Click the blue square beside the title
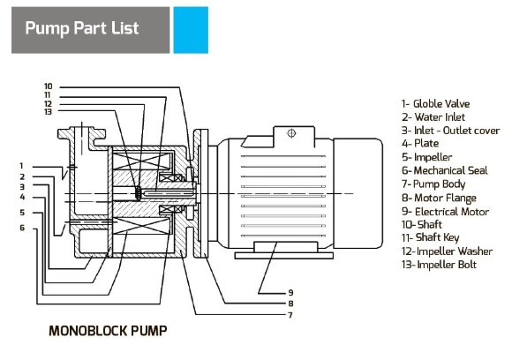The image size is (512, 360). pos(191,30)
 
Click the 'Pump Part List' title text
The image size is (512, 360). pos(82,28)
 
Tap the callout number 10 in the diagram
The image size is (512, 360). pos(49,86)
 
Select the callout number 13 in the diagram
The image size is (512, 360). pos(49,112)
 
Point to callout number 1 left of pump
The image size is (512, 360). pos(21,166)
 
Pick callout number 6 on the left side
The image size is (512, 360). pos(22,228)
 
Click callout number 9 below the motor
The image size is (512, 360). pos(290,293)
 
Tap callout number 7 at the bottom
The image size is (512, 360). pos(290,315)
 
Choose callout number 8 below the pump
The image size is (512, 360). pos(290,304)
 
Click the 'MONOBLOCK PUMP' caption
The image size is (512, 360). pos(108,331)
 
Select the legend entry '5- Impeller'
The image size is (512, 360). pos(426,157)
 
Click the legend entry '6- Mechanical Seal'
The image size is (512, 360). pos(444,170)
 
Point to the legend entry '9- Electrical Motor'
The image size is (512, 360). pos(446,212)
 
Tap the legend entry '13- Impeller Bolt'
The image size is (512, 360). pos(440,265)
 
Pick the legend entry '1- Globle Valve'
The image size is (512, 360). pos(435,104)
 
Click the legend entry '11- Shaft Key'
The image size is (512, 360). pos(431,238)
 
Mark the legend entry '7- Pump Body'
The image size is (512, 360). pos(433,184)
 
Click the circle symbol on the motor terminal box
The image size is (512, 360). pos(291,133)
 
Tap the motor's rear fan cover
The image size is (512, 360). pos(358,193)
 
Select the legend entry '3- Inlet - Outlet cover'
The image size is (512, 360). pos(450,131)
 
